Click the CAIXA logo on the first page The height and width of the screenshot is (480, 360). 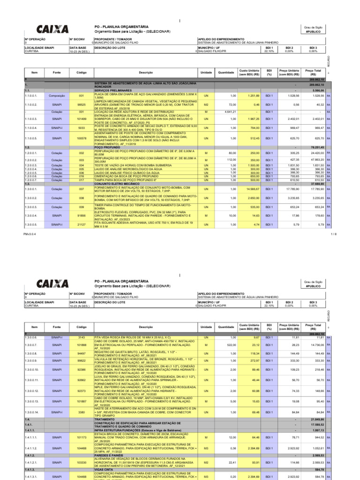click(52, 29)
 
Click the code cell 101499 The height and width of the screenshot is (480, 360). click(81, 119)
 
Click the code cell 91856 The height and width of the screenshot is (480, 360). click(81, 215)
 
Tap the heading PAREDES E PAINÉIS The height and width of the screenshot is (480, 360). click(109, 455)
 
